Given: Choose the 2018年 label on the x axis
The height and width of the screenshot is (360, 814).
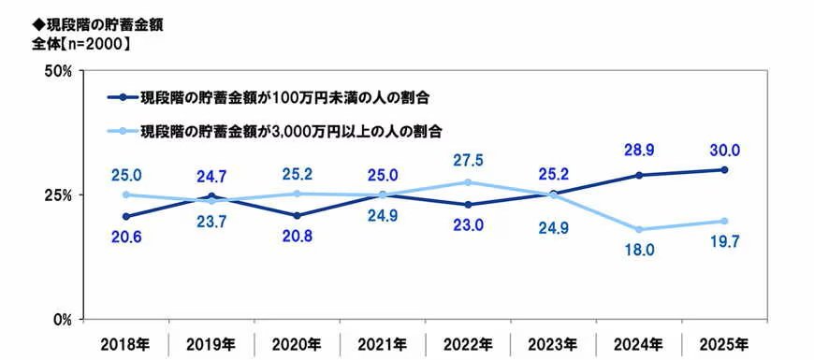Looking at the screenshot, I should click(124, 344).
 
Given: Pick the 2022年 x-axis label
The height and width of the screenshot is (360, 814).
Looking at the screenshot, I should click(466, 344).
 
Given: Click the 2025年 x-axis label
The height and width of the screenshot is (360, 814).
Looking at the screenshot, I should click(723, 344).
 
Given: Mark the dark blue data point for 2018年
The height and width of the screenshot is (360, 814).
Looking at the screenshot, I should click(124, 216).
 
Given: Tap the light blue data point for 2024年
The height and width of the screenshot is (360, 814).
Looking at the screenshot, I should click(638, 229).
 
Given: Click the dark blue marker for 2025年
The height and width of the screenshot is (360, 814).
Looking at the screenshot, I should click(723, 169).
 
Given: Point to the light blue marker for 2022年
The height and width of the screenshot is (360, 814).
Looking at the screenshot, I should click(467, 182).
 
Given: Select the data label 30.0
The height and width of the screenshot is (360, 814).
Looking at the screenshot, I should click(723, 150).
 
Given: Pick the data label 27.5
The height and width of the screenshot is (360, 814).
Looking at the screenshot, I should click(467, 160).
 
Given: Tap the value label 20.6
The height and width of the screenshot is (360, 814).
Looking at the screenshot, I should click(124, 240).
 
